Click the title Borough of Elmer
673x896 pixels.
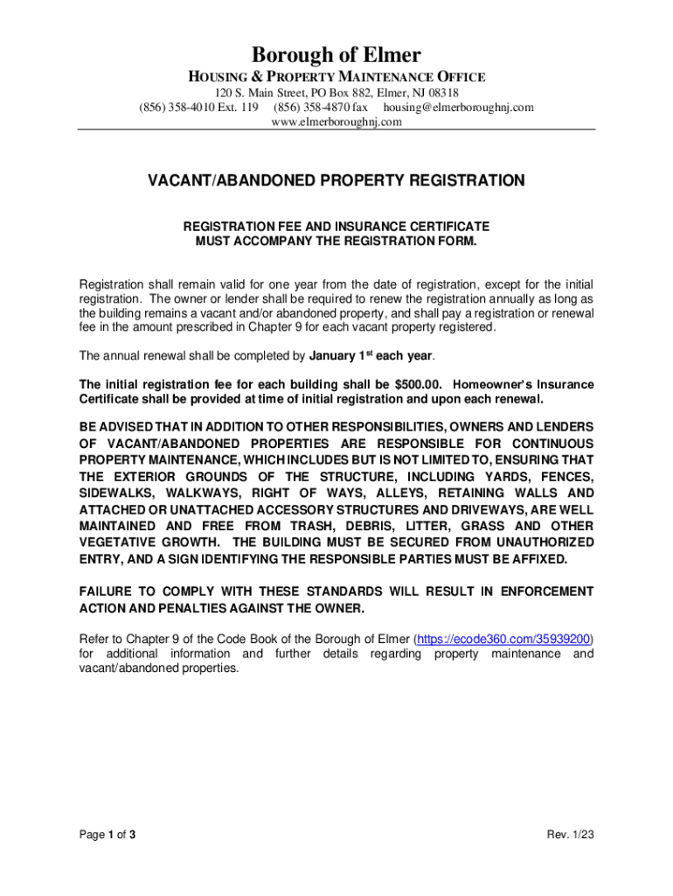[336, 56]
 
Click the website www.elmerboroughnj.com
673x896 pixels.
[336, 122]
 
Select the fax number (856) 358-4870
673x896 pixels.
[312, 108]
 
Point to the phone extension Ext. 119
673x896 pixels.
[234, 108]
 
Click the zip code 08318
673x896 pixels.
[442, 93]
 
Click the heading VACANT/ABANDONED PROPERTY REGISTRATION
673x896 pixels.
[336, 181]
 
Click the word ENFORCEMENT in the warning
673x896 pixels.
[547, 592]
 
